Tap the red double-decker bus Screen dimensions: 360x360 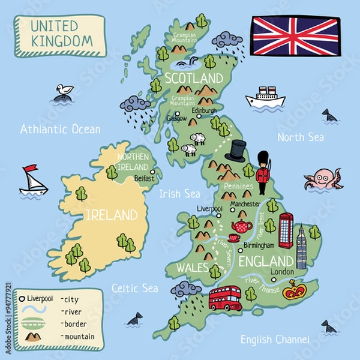click(x=225, y=298)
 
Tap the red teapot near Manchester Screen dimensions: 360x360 click(x=242, y=226)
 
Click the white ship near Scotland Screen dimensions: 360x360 click(x=265, y=98)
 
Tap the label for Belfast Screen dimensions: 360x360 click(x=145, y=178)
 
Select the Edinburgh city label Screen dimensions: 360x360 click(x=204, y=110)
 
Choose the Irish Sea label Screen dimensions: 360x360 click(x=179, y=194)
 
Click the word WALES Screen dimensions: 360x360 click(x=192, y=267)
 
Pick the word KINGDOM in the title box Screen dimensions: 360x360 click(x=61, y=41)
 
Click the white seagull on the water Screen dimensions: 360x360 click(x=63, y=91)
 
